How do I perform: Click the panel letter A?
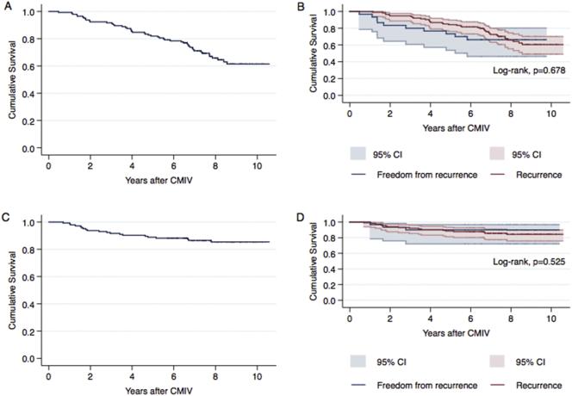[x=6, y=8]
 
